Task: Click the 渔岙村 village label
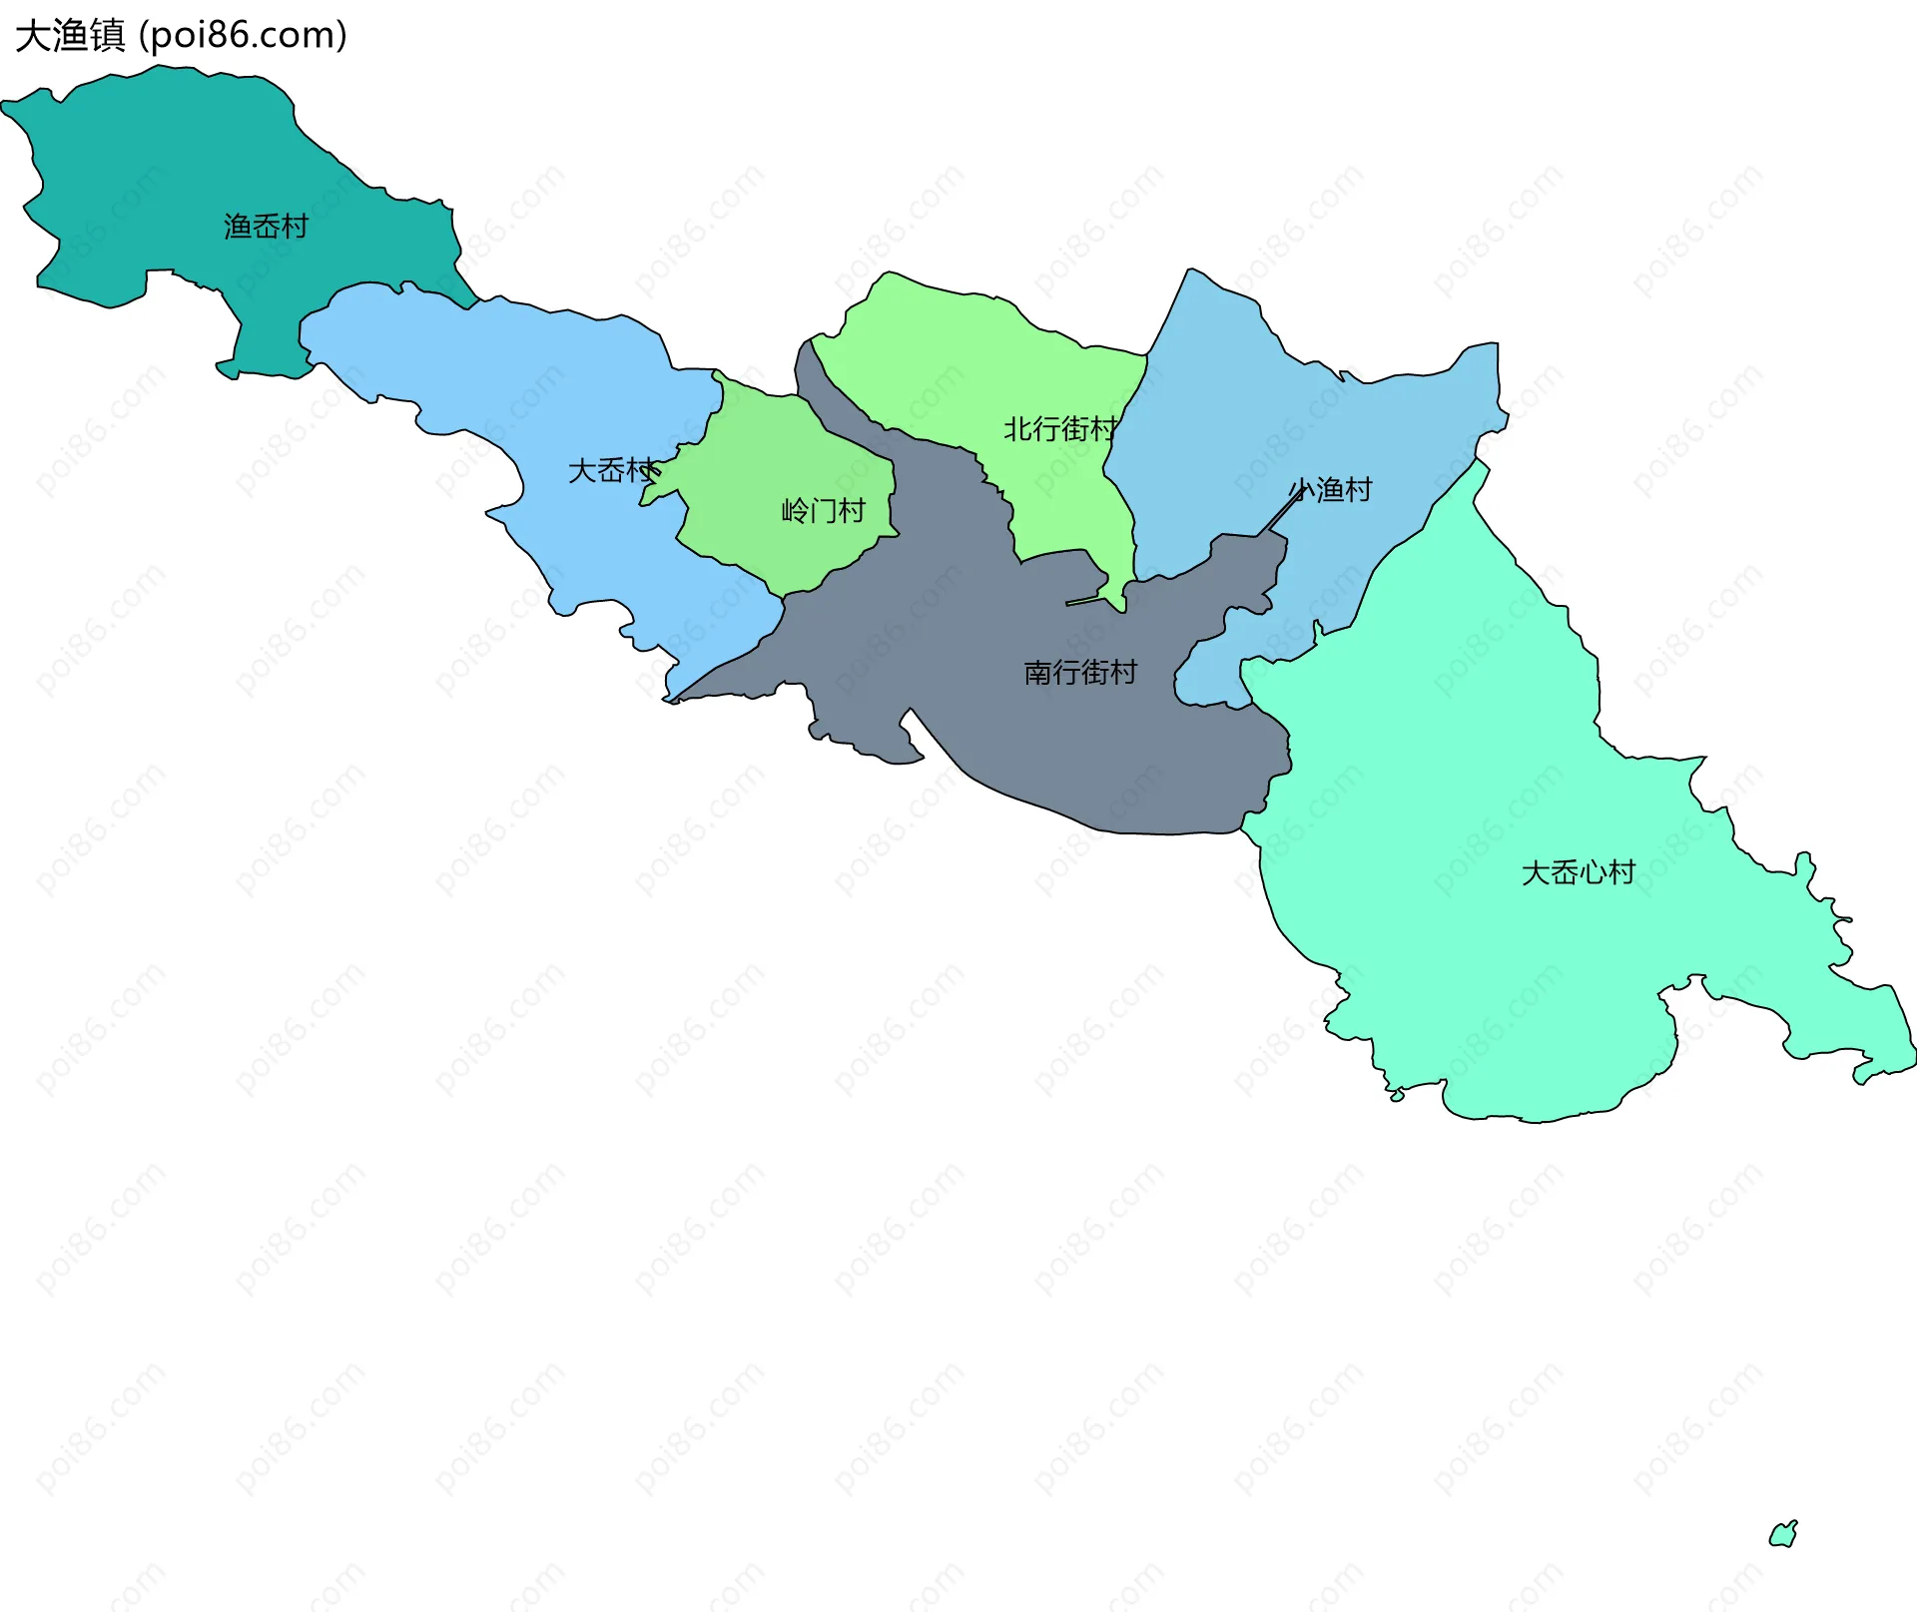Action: point(266,228)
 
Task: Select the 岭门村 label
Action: point(823,512)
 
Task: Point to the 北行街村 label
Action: point(1059,430)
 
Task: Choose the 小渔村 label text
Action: point(1331,490)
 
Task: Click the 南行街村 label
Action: point(1080,673)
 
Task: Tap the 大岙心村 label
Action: point(1578,873)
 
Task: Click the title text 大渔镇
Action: point(70,36)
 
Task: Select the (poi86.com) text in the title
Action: point(244,36)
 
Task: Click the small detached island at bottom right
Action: point(1783,1535)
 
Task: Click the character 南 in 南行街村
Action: point(1038,673)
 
